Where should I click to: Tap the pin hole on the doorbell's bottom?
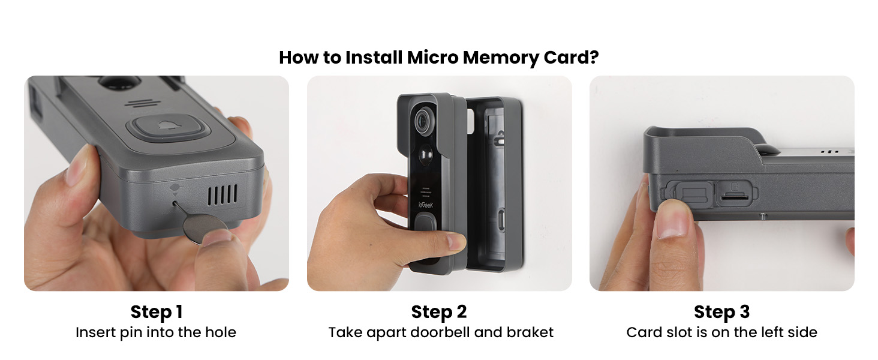click(174, 203)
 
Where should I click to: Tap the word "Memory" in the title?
click(494, 58)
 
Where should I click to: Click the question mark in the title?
click(594, 58)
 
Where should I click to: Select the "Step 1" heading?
click(156, 312)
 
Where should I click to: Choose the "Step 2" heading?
click(438, 312)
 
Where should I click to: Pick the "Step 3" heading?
click(721, 312)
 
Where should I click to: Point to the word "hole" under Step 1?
click(222, 332)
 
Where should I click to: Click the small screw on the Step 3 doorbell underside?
click(763, 214)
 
